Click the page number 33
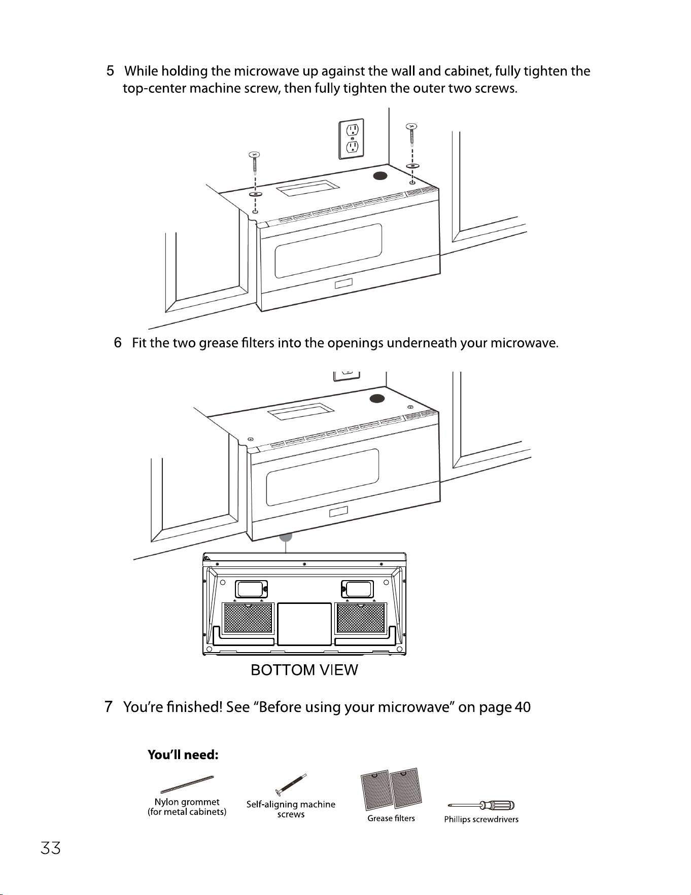[51, 848]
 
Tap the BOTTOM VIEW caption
[304, 670]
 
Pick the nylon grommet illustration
[187, 784]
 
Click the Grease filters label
[391, 818]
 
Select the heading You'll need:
[183, 755]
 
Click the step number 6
[118, 344]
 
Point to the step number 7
[108, 707]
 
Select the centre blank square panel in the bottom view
[304, 624]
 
